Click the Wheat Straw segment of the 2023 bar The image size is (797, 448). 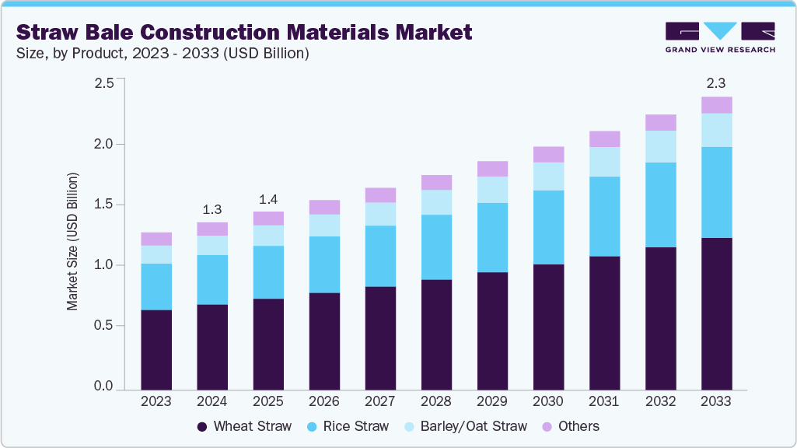[156, 348]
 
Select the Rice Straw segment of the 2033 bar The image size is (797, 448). [716, 192]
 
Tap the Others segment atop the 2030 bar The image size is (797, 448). [548, 154]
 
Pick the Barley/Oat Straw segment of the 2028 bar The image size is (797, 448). [436, 202]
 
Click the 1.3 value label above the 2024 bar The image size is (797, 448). [211, 209]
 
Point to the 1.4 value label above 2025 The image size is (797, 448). [267, 199]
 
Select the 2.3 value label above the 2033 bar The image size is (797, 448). [716, 84]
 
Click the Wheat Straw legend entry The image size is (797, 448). [244, 426]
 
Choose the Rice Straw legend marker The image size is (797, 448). [313, 426]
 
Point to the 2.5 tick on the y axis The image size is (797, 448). [103, 84]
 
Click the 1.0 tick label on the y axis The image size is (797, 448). [103, 266]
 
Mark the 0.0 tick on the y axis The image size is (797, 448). [103, 387]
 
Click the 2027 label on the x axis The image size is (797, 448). [380, 401]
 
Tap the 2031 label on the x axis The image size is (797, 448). [604, 401]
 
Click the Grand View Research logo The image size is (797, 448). [720, 37]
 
